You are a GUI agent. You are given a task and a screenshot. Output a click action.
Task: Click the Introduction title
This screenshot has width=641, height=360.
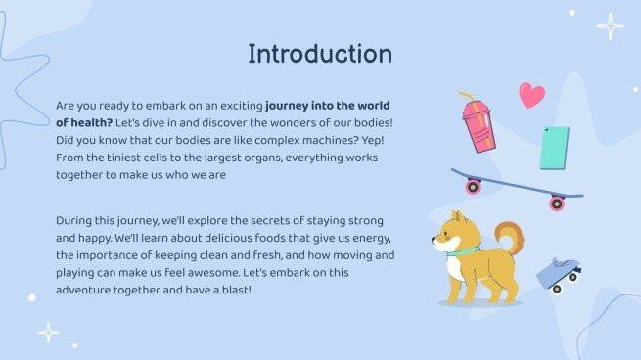pyautogui.click(x=320, y=54)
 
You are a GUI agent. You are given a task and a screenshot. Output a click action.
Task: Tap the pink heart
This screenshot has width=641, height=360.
pyautogui.click(x=531, y=95)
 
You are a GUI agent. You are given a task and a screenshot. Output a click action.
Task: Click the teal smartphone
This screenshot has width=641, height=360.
pyautogui.click(x=554, y=148)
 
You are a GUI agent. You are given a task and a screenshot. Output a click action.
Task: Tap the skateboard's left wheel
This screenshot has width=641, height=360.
pyautogui.click(x=474, y=186)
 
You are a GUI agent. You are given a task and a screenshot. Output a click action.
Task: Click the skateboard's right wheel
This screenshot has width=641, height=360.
pyautogui.click(x=557, y=203)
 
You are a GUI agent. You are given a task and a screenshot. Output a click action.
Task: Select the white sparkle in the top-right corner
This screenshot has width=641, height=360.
pyautogui.click(x=610, y=26)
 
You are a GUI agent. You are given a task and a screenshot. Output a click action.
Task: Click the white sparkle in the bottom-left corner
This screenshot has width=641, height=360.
pyautogui.click(x=48, y=333)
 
